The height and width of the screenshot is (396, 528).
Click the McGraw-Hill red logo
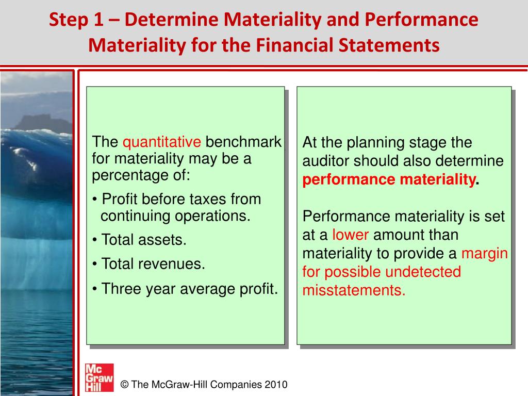click(x=100, y=377)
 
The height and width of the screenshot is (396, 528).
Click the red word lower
click(x=350, y=235)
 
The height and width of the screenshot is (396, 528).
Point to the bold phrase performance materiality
click(x=389, y=179)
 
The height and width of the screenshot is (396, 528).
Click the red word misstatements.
click(x=354, y=290)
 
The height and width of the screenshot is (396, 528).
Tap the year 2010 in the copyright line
click(x=276, y=385)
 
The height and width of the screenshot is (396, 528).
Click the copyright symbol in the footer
click(x=125, y=385)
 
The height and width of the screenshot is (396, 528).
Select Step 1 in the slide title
click(x=76, y=20)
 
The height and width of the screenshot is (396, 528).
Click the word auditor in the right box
click(x=325, y=161)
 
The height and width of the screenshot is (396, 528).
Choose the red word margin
click(x=484, y=254)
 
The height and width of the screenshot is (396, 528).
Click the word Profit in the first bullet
click(x=120, y=199)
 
